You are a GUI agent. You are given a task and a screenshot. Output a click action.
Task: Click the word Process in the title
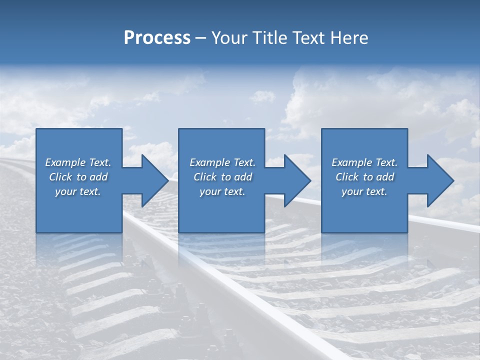[157, 38]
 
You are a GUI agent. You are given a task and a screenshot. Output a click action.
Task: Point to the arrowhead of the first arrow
[155, 180]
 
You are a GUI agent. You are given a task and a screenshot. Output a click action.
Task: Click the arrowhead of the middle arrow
[297, 180]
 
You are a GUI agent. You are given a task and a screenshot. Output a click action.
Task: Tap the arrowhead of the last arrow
[440, 180]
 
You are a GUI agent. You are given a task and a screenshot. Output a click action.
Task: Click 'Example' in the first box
[65, 162]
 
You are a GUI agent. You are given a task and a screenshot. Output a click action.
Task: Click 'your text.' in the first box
[78, 191]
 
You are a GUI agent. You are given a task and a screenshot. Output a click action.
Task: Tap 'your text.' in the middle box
[222, 191]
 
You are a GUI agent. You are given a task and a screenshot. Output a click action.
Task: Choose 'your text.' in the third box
[364, 191]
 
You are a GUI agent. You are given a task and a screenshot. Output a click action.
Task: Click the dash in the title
[201, 38]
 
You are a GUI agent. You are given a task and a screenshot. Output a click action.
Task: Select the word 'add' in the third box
[385, 177]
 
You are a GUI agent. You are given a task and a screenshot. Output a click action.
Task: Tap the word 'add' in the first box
[98, 177]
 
